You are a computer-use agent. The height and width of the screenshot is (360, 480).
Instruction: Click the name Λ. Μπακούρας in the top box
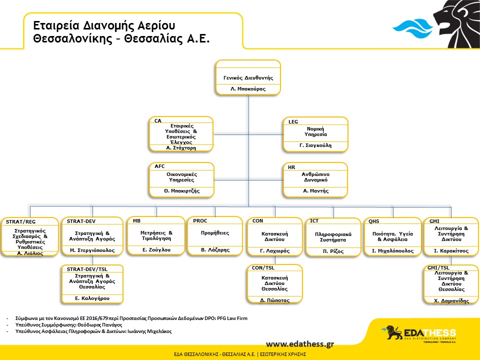point(248,89)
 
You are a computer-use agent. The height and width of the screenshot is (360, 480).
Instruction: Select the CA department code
point(158,121)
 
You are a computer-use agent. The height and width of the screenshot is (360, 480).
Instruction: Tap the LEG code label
point(293,122)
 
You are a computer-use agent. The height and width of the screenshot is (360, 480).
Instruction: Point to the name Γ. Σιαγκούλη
point(315,145)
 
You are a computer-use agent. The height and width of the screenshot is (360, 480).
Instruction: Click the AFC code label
point(159,166)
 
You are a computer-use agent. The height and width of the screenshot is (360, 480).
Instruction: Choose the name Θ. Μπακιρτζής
point(181,190)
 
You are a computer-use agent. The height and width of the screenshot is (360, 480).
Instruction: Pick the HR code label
point(291,167)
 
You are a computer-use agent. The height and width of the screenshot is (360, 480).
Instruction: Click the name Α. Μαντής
point(315,190)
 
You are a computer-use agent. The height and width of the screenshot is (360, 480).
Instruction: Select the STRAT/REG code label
point(21,222)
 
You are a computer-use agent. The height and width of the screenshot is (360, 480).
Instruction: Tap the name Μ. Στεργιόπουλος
point(92,250)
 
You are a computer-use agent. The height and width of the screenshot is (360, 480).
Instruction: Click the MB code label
point(136,220)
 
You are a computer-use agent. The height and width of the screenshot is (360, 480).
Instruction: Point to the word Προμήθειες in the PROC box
point(215,233)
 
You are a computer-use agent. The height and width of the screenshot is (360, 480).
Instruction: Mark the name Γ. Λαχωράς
point(274,250)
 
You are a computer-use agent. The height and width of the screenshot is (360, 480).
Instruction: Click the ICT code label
point(314,220)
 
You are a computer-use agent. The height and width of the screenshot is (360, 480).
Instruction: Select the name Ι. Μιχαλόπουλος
point(392,250)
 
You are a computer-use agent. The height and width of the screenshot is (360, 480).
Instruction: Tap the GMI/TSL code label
point(438,268)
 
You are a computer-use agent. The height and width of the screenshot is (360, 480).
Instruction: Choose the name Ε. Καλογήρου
point(92,298)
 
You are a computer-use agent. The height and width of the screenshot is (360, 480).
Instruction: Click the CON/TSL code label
point(263,268)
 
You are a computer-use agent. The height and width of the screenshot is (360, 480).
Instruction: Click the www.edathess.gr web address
point(299,344)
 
